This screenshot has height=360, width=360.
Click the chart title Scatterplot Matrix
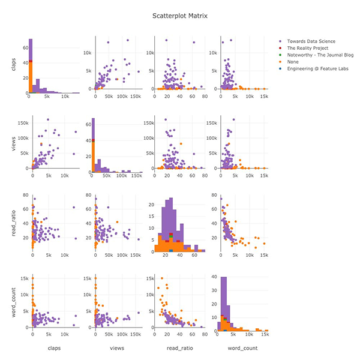(x=180, y=16)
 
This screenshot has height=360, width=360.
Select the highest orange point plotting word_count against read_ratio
(x=161, y=278)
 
